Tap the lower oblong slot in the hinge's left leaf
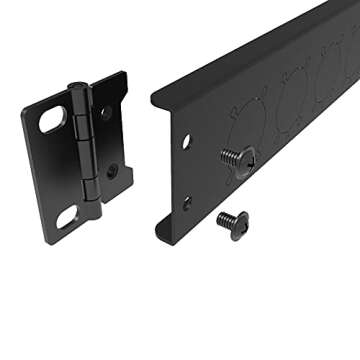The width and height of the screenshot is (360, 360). [68, 216]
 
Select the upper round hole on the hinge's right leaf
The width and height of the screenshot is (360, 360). [104, 113]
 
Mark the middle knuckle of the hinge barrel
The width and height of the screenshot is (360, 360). [84, 150]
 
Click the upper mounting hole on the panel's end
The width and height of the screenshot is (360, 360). [186, 142]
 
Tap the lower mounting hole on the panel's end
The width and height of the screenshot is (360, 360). [186, 202]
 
